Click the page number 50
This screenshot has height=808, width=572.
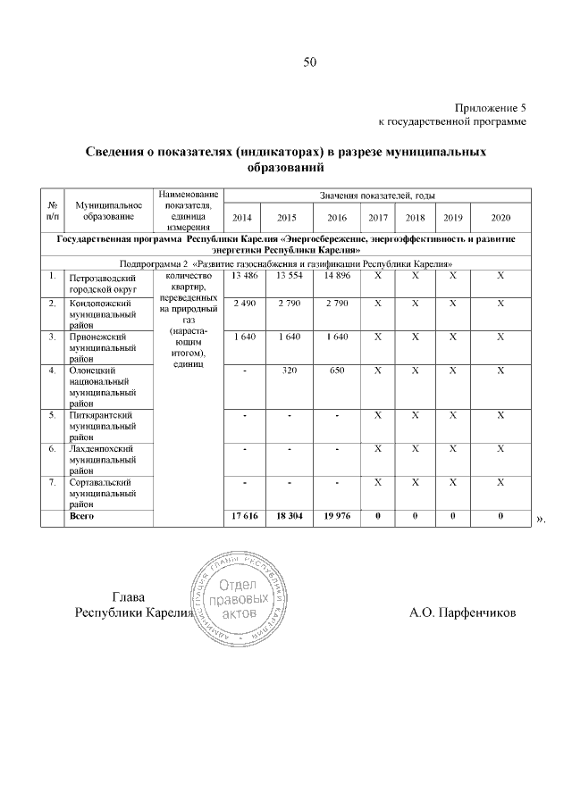tap(310, 62)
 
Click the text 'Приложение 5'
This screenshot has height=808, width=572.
tap(491, 106)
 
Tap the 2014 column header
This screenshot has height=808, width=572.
tap(242, 217)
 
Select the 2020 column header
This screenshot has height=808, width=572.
tap(501, 217)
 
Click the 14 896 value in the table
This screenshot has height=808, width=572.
tap(336, 276)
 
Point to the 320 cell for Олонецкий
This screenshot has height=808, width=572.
tap(286, 370)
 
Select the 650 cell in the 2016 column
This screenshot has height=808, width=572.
tap(336, 370)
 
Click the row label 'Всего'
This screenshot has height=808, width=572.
tap(83, 516)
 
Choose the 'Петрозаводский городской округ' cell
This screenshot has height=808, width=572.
tap(101, 284)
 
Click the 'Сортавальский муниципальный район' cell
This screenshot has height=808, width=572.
tap(101, 492)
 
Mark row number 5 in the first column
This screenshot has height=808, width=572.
tap(53, 415)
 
